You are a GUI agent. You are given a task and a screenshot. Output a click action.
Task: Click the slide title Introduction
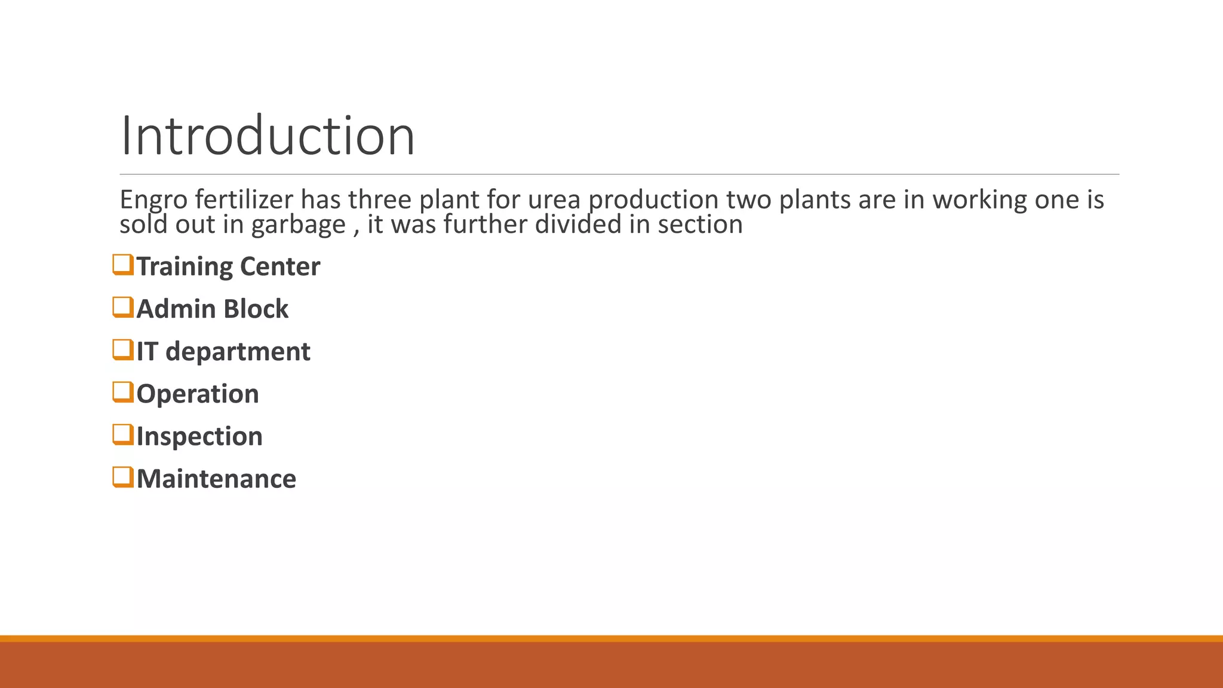coord(267,136)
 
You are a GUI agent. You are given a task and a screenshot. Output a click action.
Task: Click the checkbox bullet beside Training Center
coord(122,265)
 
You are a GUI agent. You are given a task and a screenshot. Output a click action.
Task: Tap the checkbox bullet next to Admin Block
coord(122,307)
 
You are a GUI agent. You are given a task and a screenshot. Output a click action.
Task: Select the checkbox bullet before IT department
coord(122,349)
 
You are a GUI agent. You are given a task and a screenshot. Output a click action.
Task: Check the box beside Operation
coord(122,392)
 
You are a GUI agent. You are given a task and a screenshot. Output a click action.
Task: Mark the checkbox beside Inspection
coord(122,434)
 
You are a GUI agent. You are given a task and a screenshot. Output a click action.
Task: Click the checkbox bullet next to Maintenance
coord(122,477)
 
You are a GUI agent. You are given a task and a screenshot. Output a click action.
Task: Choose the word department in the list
coord(238,352)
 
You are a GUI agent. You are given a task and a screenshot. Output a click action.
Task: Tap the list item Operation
coord(198,394)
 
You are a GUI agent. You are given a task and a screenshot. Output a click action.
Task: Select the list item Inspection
coord(199,437)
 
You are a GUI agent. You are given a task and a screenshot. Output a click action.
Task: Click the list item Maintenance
coord(216,479)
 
